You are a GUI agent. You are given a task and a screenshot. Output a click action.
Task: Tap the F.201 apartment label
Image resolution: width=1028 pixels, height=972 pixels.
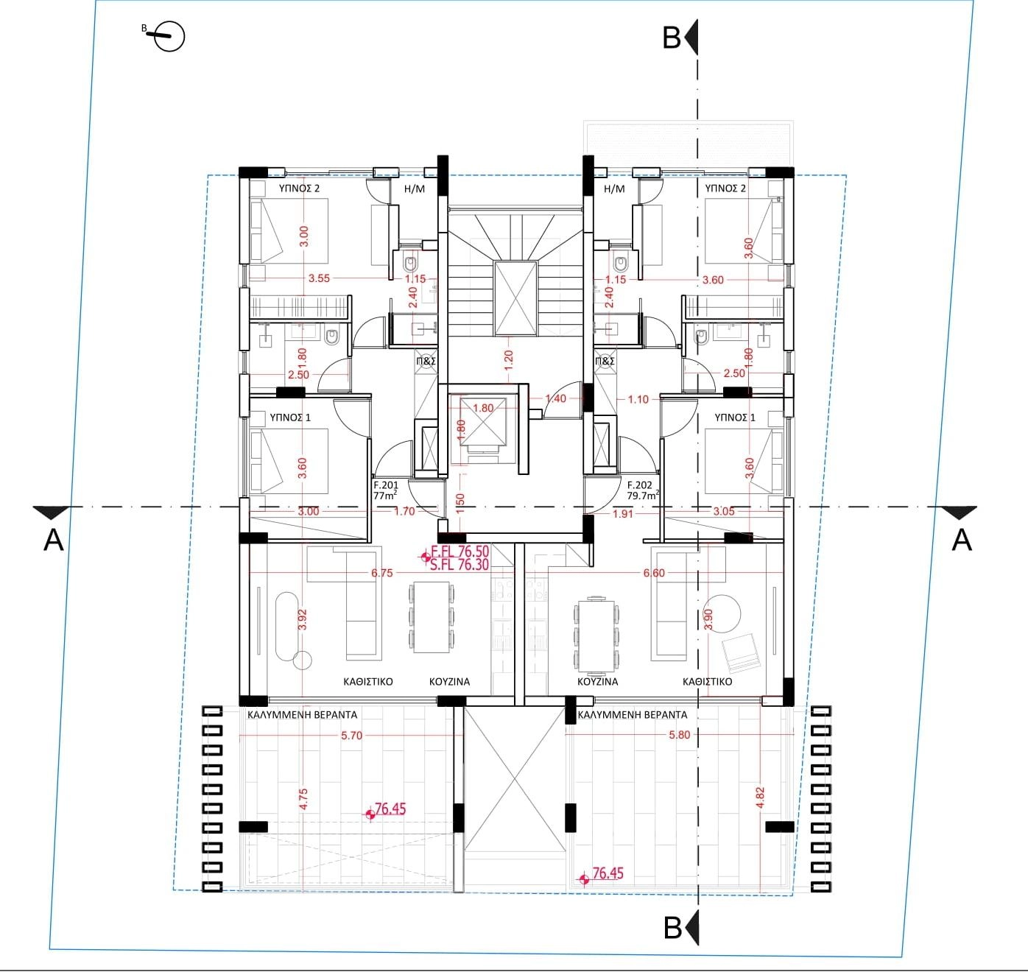(x=385, y=485)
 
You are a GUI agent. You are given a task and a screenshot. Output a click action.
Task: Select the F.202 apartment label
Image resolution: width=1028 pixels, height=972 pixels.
(x=639, y=485)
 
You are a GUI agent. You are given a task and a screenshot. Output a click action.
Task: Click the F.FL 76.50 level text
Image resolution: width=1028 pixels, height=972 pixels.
(x=460, y=552)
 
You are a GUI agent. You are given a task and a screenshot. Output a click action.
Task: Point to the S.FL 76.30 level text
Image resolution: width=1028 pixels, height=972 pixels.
(x=460, y=564)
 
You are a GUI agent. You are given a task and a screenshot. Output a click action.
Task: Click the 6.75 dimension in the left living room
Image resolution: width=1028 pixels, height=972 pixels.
(x=381, y=573)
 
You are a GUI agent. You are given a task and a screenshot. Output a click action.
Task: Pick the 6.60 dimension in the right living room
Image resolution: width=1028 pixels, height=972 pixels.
(x=654, y=573)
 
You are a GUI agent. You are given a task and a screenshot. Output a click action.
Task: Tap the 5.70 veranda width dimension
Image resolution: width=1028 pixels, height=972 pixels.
(x=351, y=736)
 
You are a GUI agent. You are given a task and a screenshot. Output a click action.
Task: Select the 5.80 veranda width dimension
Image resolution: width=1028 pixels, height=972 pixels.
(x=679, y=735)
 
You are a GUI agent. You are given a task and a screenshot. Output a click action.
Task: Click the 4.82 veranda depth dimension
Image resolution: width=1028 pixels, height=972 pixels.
(x=760, y=797)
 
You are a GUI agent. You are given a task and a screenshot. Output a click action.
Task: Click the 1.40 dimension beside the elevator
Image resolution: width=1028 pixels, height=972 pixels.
(x=555, y=398)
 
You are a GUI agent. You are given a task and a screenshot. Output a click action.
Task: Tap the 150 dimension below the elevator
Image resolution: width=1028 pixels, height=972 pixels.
(x=460, y=503)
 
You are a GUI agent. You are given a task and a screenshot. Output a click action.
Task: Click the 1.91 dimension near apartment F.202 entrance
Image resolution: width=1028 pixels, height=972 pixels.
(x=623, y=514)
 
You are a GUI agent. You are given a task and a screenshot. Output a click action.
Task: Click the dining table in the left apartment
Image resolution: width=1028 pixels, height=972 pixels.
(x=432, y=617)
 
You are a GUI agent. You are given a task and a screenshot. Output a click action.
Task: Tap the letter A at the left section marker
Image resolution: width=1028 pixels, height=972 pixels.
(x=53, y=540)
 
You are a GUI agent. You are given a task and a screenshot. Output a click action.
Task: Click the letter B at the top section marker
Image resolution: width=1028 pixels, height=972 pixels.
(x=672, y=38)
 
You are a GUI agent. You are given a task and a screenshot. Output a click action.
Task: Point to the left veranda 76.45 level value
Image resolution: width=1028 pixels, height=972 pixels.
(x=390, y=809)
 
